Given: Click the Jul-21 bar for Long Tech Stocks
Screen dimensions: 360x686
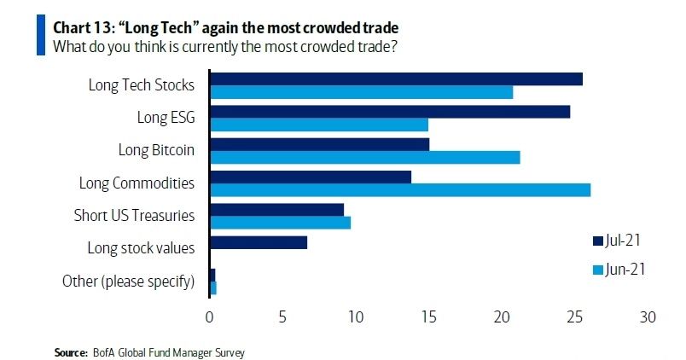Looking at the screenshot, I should tap(396, 79).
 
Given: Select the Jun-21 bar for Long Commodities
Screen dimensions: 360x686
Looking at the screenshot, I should tap(399, 189).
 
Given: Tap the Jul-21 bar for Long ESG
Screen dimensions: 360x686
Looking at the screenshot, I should tap(389, 112).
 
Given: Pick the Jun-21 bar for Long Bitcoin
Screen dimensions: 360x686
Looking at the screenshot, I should tap(364, 157).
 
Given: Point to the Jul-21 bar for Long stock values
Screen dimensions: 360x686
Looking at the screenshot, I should tap(258, 242).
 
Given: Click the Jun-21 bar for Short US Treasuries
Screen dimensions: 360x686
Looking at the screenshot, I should tap(280, 223).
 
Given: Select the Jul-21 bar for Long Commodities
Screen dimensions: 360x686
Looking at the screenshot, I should tap(311, 177).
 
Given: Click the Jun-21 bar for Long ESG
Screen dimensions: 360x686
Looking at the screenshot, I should tap(318, 125).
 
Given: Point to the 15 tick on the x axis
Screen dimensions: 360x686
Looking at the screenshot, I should tap(428, 317).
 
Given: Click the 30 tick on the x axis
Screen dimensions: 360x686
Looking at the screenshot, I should tap(648, 317).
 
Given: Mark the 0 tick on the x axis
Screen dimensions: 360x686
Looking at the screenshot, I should tap(210, 317).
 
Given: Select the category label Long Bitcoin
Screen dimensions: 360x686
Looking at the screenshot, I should tap(156, 150).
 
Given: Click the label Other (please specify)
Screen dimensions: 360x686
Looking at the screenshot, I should tap(129, 281).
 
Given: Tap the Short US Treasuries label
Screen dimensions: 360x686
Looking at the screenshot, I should tap(134, 215).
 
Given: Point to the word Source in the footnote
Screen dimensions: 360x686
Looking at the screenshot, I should tap(68, 351).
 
